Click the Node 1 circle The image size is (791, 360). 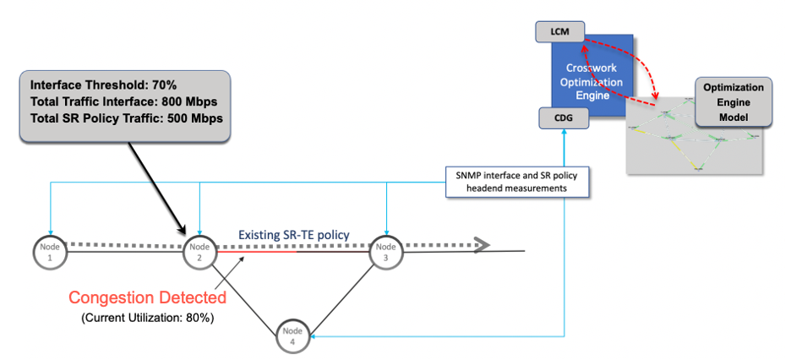click(x=50, y=251)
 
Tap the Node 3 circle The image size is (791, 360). click(x=386, y=251)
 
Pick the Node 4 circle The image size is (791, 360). click(x=293, y=335)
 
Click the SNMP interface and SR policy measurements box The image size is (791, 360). click(x=517, y=180)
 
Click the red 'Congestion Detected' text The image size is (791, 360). click(x=147, y=297)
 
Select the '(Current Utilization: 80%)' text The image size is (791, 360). click(x=147, y=318)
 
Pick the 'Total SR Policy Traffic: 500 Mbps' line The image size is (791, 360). click(x=127, y=118)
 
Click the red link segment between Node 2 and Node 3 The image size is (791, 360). click(x=258, y=251)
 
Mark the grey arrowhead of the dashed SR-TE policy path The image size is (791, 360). click(x=482, y=245)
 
